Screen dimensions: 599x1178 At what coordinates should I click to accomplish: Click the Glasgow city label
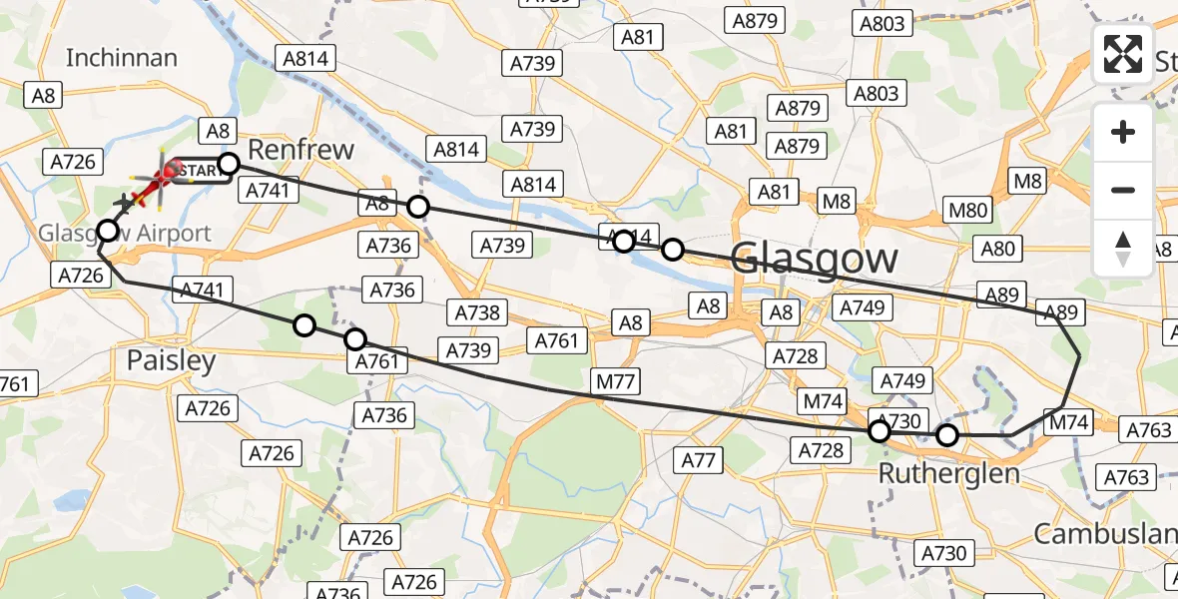pyautogui.click(x=814, y=260)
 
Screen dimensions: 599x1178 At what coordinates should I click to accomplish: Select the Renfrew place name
pyautogui.click(x=299, y=150)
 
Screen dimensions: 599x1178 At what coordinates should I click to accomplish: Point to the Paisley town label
pyautogui.click(x=171, y=360)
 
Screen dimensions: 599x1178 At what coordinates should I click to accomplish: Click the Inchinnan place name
pyautogui.click(x=121, y=58)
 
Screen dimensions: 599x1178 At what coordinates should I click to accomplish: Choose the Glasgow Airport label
pyautogui.click(x=125, y=234)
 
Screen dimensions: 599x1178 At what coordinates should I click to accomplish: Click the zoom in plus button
pyautogui.click(x=1123, y=132)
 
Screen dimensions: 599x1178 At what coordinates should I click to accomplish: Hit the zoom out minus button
pyautogui.click(x=1123, y=190)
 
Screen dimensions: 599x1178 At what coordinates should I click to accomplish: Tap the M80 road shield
pyautogui.click(x=968, y=210)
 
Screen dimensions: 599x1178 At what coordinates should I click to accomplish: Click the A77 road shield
pyautogui.click(x=699, y=460)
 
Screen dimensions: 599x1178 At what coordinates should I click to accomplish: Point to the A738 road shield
pyautogui.click(x=476, y=312)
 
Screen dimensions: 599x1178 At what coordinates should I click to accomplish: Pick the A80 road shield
pyautogui.click(x=997, y=250)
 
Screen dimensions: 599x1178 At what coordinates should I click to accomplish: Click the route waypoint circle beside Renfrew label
pyautogui.click(x=229, y=164)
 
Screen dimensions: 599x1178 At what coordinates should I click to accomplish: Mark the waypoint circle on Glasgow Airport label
pyautogui.click(x=107, y=232)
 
